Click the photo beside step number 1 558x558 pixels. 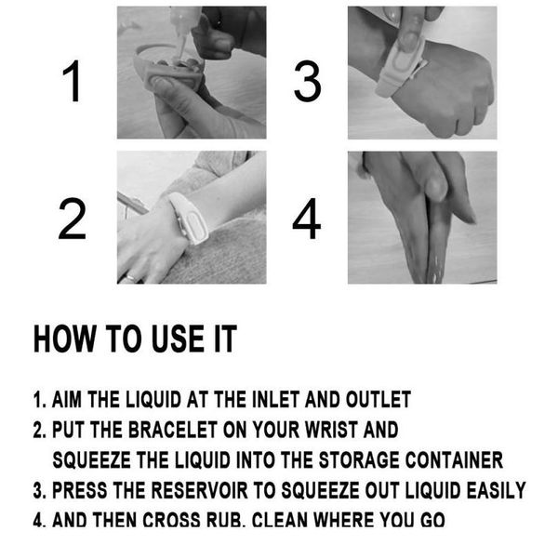click(191, 73)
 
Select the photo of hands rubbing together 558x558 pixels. click(422, 218)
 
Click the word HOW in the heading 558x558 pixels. click(62, 339)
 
